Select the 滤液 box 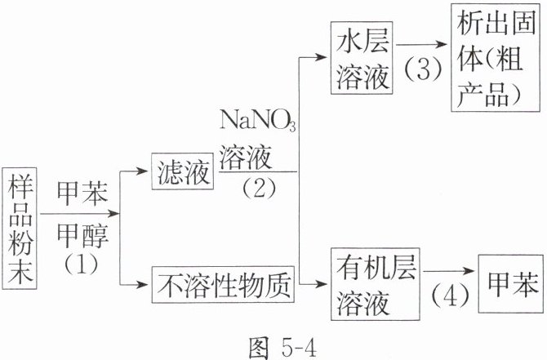(x=180, y=171)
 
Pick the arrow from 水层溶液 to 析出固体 (x=425, y=46)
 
